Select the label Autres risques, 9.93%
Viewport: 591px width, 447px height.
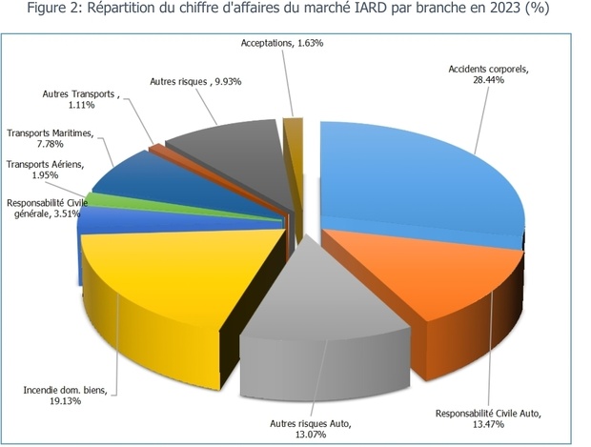click(x=195, y=82)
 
